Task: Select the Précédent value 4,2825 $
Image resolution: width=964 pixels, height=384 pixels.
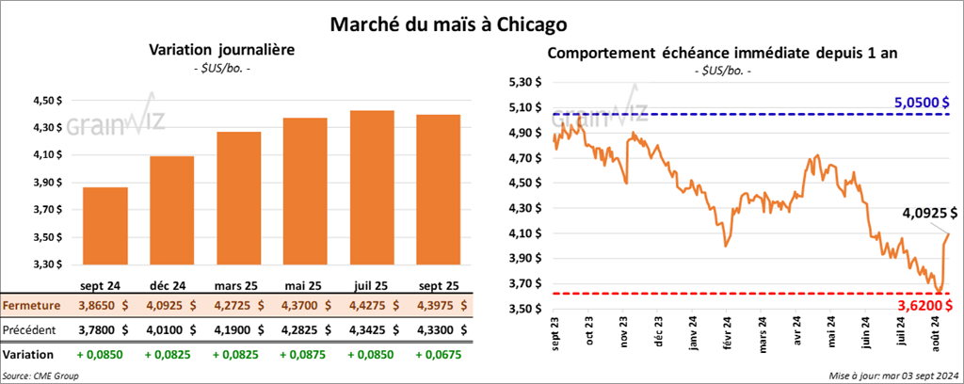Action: pos(306,330)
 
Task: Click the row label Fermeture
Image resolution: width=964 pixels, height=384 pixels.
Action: pos(32,306)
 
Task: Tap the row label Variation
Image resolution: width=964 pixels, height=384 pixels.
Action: pos(29,356)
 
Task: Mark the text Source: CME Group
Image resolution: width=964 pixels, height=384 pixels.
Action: pos(40,376)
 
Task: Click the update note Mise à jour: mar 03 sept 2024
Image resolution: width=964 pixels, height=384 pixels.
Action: pos(894,376)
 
